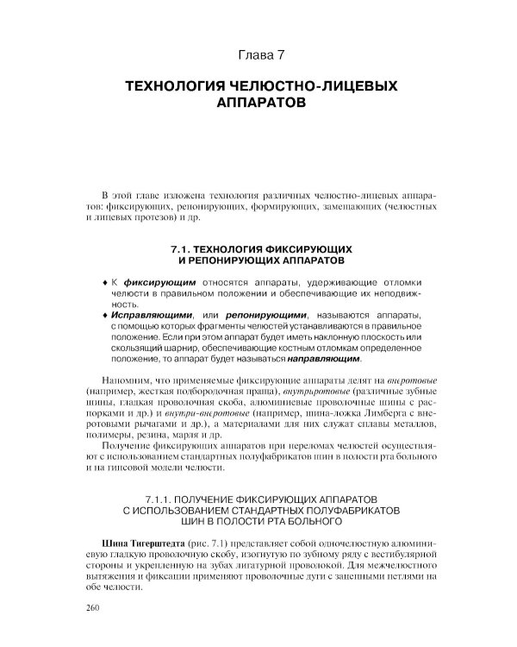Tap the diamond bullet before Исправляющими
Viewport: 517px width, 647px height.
pos(103,317)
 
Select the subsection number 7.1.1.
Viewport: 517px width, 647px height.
pos(161,499)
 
